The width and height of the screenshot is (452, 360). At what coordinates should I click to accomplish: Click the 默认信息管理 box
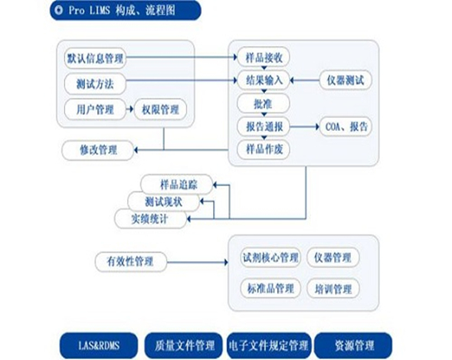(x=95, y=58)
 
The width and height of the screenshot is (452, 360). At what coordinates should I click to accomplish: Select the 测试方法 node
(x=95, y=84)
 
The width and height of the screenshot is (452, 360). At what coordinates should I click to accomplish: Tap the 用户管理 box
(x=95, y=110)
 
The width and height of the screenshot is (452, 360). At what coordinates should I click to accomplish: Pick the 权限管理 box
(x=160, y=110)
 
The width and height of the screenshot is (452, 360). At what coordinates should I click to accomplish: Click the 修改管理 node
(x=98, y=150)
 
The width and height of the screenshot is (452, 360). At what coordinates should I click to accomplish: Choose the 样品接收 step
(x=264, y=57)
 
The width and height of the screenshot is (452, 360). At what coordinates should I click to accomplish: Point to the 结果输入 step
(x=264, y=80)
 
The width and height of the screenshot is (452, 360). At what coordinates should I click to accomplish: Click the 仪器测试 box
(x=346, y=80)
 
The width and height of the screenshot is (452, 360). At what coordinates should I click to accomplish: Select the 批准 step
(x=264, y=103)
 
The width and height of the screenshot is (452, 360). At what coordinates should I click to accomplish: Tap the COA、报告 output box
(x=346, y=126)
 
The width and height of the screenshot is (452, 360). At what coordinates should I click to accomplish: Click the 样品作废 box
(x=264, y=149)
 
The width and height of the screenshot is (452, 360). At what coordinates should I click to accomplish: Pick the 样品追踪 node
(x=177, y=185)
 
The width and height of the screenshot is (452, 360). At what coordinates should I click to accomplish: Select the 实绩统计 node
(x=150, y=219)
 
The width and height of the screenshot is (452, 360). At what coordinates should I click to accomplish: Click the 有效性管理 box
(x=131, y=262)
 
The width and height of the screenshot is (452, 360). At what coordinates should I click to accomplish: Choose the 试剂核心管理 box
(x=270, y=257)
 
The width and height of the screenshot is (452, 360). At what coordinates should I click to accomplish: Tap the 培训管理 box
(x=333, y=289)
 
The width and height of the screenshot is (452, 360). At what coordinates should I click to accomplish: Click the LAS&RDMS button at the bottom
(x=99, y=345)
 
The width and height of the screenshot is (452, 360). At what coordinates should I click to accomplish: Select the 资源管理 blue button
(x=353, y=345)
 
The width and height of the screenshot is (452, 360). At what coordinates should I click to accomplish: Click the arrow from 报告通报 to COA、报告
(x=305, y=126)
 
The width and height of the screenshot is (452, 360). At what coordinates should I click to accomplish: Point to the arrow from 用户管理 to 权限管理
(x=130, y=110)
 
